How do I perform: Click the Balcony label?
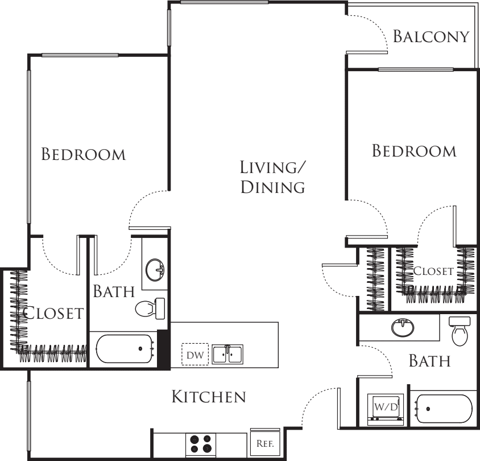point(431,36)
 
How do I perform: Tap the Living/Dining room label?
point(273,177)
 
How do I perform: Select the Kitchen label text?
point(209,397)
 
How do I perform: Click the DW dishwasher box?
point(195,354)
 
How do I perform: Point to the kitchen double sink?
point(227,354)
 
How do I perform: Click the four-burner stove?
point(201,444)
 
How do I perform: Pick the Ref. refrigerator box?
point(265,443)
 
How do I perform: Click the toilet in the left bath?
point(150,309)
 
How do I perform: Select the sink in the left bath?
point(155,270)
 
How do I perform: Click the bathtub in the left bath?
point(125,349)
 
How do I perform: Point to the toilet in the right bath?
point(460,331)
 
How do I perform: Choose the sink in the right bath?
point(403,327)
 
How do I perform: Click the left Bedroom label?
point(84,154)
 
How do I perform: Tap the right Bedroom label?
point(414,151)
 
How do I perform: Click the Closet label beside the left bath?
point(53,313)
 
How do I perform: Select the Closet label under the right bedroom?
point(433,271)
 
